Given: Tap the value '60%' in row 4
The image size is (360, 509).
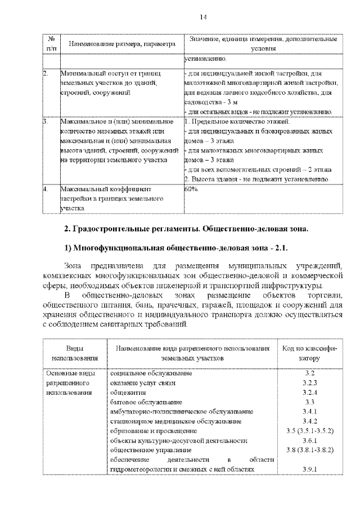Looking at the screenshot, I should [x=191, y=190].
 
